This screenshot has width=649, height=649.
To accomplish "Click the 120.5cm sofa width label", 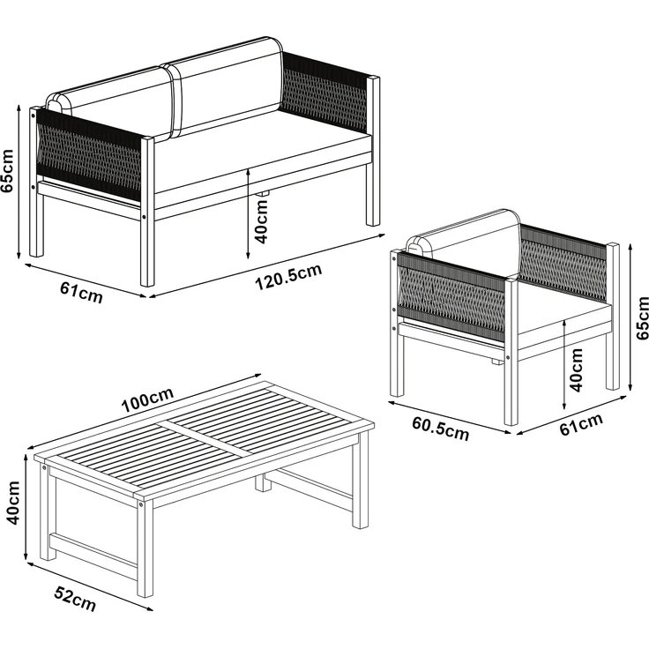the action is [288, 277].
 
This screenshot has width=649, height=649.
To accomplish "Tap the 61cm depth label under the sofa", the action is [81, 292].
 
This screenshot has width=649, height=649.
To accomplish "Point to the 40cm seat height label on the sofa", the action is [261, 221].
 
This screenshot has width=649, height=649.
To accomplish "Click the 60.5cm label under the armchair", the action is [440, 429].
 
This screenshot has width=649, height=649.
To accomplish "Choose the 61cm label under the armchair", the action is [581, 424].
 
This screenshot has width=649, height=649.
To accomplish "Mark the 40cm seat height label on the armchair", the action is [576, 369].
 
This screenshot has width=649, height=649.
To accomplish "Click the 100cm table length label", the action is [147, 399].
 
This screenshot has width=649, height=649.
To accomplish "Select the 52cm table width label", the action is [75, 599].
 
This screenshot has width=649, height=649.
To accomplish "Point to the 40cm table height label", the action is [12, 503].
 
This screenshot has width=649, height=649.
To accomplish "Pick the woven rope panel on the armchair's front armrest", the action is [451, 296].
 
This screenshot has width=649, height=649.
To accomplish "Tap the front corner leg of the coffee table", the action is [145, 548].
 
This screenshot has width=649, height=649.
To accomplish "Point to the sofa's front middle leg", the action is [147, 211].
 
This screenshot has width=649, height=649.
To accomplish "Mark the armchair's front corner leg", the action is [511, 352].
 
